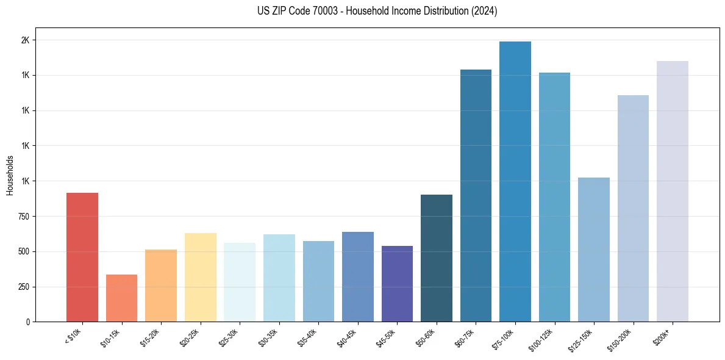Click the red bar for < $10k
click(82, 257)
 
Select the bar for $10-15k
click(121, 298)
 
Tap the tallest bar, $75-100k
click(515, 181)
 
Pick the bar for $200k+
click(673, 191)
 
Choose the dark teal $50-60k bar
click(437, 258)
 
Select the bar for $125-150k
click(594, 250)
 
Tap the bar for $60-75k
click(476, 195)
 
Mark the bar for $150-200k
click(633, 208)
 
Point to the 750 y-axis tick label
click(24, 217)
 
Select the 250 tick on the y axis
click(24, 287)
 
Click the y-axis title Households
click(10, 175)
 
